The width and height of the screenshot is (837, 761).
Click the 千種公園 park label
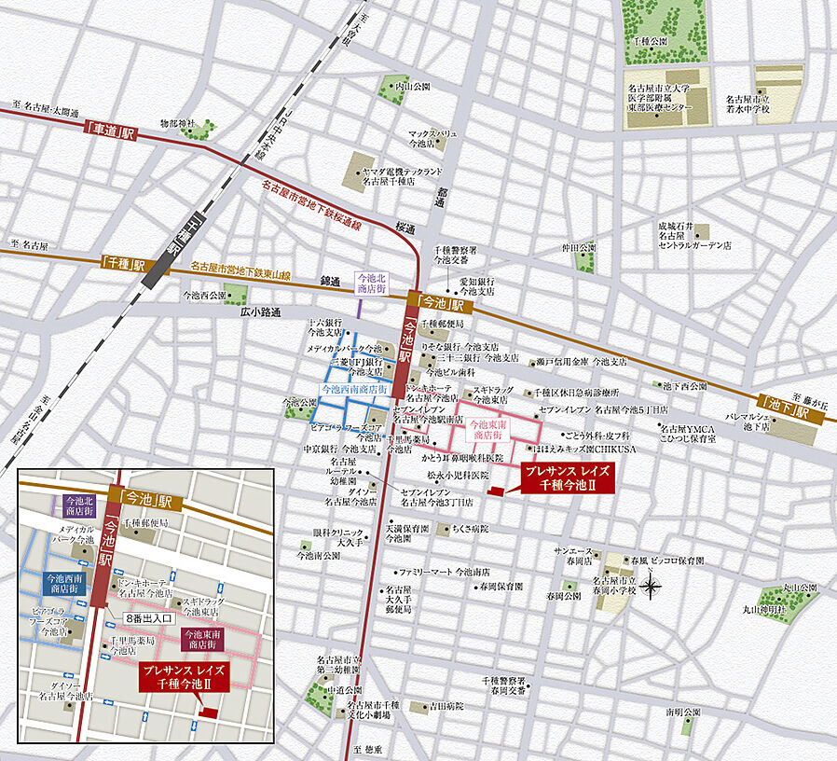click(x=650, y=42)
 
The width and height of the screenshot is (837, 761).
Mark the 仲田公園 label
click(x=578, y=248)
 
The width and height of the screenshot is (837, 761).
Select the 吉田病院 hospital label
click(x=446, y=707)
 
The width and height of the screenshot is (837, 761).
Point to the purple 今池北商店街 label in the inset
click(x=78, y=505)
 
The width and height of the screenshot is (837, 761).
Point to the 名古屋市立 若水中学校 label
click(x=748, y=104)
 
